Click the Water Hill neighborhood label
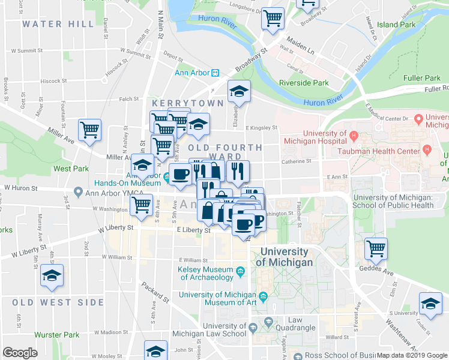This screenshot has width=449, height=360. coord(58,24)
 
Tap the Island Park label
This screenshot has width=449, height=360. coord(396,25)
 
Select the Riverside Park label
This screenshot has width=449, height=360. coord(304,83)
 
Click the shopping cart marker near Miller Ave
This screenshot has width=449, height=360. coord(89,130)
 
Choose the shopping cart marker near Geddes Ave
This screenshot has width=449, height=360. coord(376,248)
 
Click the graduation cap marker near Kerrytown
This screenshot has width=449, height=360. coord(239,92)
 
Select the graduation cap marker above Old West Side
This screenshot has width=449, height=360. coord(52,275)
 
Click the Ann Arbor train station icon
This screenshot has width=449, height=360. coord(215,73)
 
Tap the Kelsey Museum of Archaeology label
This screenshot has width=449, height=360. coord(205,273)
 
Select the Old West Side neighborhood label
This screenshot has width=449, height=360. coord(58,302)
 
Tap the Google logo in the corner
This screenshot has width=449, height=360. coord(20,353)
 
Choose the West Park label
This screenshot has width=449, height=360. coord(71,169)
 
